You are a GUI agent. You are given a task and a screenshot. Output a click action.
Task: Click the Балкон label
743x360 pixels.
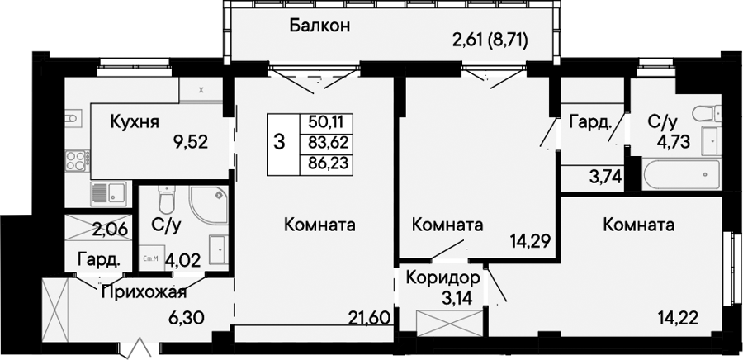pyautogui.click(x=319, y=26)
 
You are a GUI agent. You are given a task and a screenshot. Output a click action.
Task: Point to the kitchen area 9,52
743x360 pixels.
pyautogui.click(x=192, y=142)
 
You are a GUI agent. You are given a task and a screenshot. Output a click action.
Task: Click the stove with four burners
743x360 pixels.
pyautogui.click(x=76, y=159)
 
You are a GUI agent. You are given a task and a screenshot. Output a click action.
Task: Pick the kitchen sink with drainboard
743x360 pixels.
pyautogui.click(x=108, y=194)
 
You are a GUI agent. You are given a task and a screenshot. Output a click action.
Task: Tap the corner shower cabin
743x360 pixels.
pyautogui.click(x=208, y=205)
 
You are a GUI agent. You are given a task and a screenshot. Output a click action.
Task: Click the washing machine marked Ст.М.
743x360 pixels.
pyautogui.click(x=152, y=258)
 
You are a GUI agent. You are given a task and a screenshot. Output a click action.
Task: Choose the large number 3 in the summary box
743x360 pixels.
pyautogui.click(x=280, y=142)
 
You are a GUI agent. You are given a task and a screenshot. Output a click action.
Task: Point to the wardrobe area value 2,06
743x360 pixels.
pyautogui.click(x=109, y=230)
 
